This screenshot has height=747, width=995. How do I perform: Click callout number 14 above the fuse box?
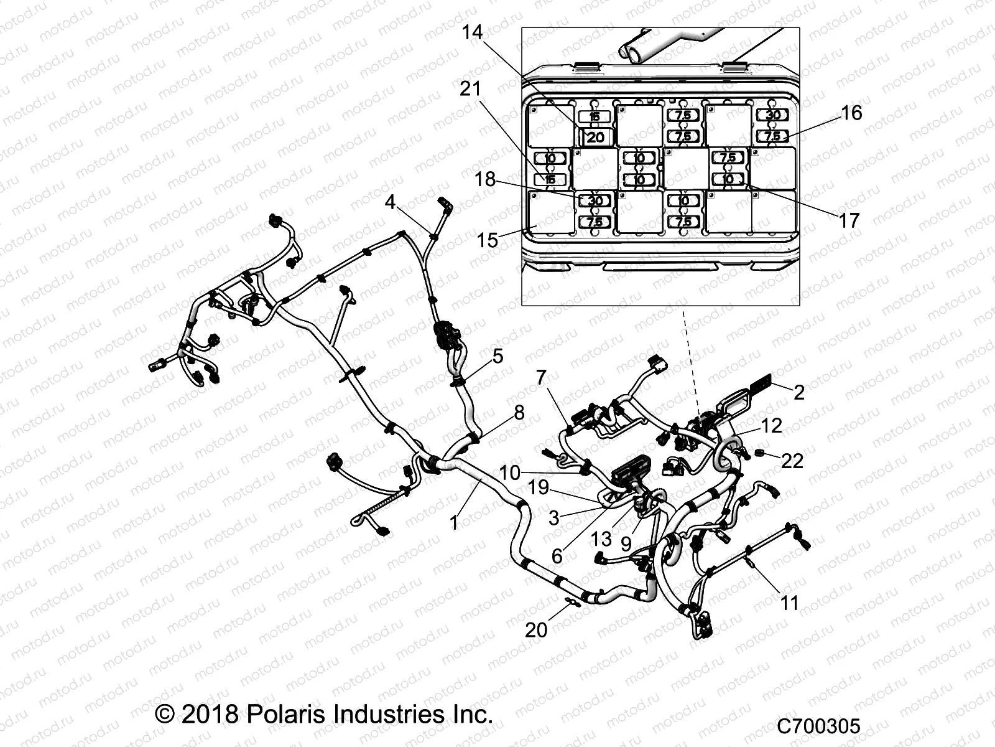click(472, 32)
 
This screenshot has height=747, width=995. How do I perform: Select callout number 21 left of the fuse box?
click(471, 89)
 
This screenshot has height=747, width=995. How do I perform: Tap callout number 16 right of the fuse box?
click(851, 113)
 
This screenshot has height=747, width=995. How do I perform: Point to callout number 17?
click(849, 220)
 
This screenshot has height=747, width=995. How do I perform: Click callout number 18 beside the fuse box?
click(485, 179)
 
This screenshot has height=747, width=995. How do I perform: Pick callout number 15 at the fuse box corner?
click(488, 240)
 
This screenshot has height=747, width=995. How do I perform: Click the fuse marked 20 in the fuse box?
click(595, 137)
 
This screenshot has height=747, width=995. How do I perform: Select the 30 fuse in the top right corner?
click(772, 115)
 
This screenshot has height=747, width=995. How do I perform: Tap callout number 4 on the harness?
click(390, 202)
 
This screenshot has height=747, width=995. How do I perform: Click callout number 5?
click(497, 356)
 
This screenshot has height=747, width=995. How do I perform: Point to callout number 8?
click(519, 412)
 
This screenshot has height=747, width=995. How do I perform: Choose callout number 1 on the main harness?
click(454, 523)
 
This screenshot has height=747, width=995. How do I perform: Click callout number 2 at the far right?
click(799, 392)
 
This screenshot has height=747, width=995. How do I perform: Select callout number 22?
click(792, 461)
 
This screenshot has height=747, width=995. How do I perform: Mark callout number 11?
click(789, 603)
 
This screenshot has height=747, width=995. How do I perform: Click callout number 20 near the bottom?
click(536, 629)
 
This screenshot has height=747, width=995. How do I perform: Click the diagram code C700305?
click(819, 726)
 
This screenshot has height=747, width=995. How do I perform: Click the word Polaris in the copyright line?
click(283, 713)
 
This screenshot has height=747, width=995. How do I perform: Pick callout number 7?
click(540, 377)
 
